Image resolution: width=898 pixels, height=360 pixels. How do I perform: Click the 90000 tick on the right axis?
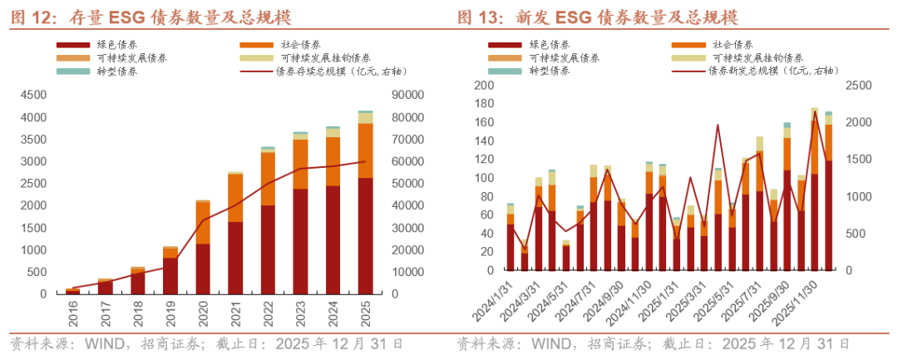pos(406,96)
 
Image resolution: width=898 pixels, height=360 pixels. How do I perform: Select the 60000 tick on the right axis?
pos(406,161)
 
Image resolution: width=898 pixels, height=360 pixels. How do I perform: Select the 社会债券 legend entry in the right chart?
pos(733,44)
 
